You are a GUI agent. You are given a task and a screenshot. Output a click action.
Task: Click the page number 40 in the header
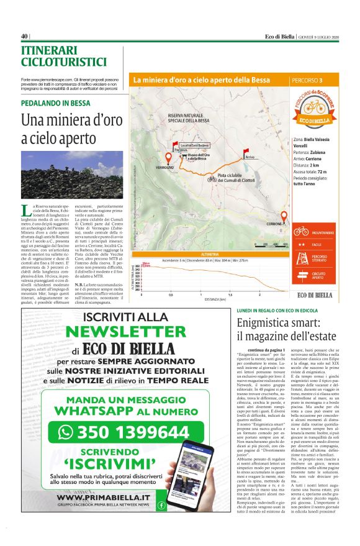click(25, 35)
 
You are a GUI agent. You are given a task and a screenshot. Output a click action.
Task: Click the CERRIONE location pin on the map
click(284, 217)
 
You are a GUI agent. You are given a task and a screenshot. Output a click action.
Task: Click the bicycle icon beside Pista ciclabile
click(212, 178)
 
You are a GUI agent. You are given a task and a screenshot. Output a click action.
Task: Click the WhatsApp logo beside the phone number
click(65, 432)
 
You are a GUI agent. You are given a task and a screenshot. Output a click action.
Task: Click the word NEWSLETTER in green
click(117, 332)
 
